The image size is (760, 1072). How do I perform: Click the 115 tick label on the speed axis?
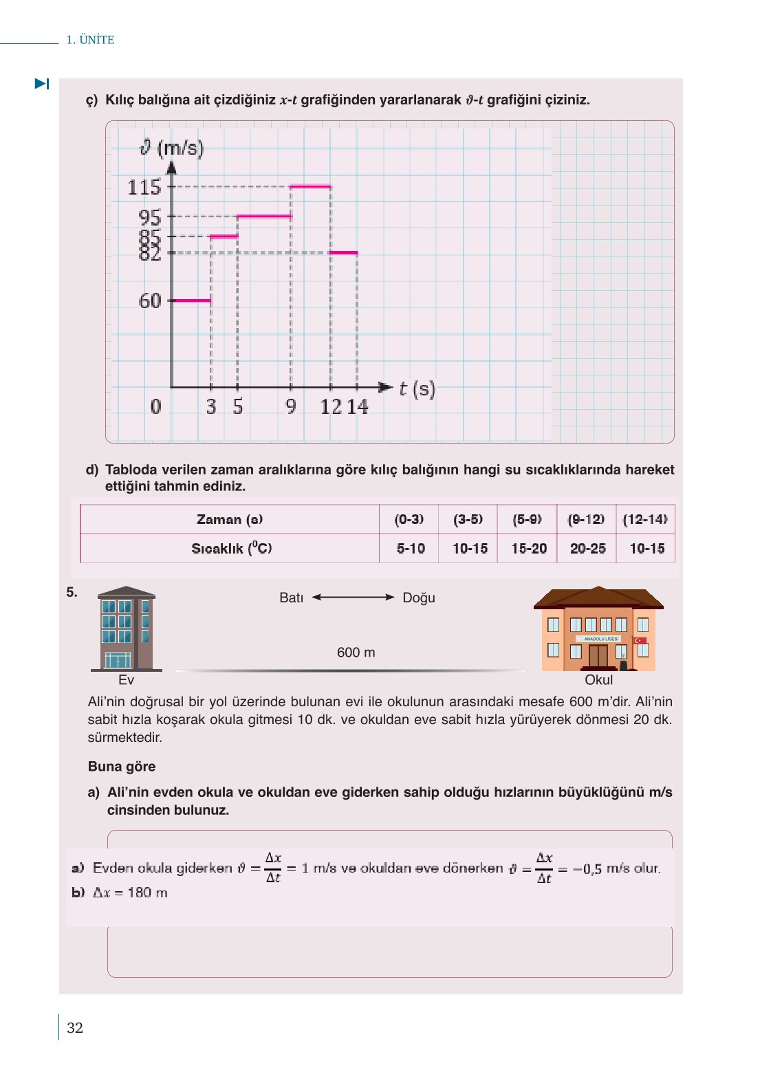pyautogui.click(x=144, y=187)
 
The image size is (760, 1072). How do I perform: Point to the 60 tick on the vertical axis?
pyautogui.click(x=150, y=300)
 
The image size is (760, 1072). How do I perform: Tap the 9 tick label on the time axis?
pyautogui.click(x=291, y=406)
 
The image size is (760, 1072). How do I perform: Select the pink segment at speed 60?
pyautogui.click(x=191, y=300)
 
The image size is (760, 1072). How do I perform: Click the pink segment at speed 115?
pyautogui.click(x=310, y=186)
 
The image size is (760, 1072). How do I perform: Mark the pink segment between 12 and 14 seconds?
pyautogui.click(x=343, y=253)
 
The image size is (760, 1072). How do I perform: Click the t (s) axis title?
pyautogui.click(x=417, y=389)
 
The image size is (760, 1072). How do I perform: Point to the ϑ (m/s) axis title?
pyautogui.click(x=172, y=148)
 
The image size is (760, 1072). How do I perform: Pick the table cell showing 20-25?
pyautogui.click(x=587, y=548)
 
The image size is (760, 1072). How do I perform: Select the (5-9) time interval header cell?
pyautogui.click(x=527, y=519)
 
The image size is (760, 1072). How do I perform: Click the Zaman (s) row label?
pyautogui.click(x=230, y=519)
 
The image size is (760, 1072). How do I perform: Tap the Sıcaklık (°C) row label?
pyautogui.click(x=231, y=548)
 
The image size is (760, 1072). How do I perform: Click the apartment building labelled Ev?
pyautogui.click(x=126, y=629)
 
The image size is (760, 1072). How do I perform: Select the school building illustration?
pyautogui.click(x=598, y=629)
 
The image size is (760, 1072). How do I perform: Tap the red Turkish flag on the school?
pyautogui.click(x=640, y=640)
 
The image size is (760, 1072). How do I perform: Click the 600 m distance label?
pyautogui.click(x=356, y=652)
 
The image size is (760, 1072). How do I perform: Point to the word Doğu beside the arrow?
pyautogui.click(x=418, y=598)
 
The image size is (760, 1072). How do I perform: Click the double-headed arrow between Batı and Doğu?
pyautogui.click(x=353, y=598)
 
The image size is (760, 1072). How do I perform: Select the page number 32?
pyautogui.click(x=75, y=1027)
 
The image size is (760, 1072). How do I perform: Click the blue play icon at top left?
pyautogui.click(x=42, y=84)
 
